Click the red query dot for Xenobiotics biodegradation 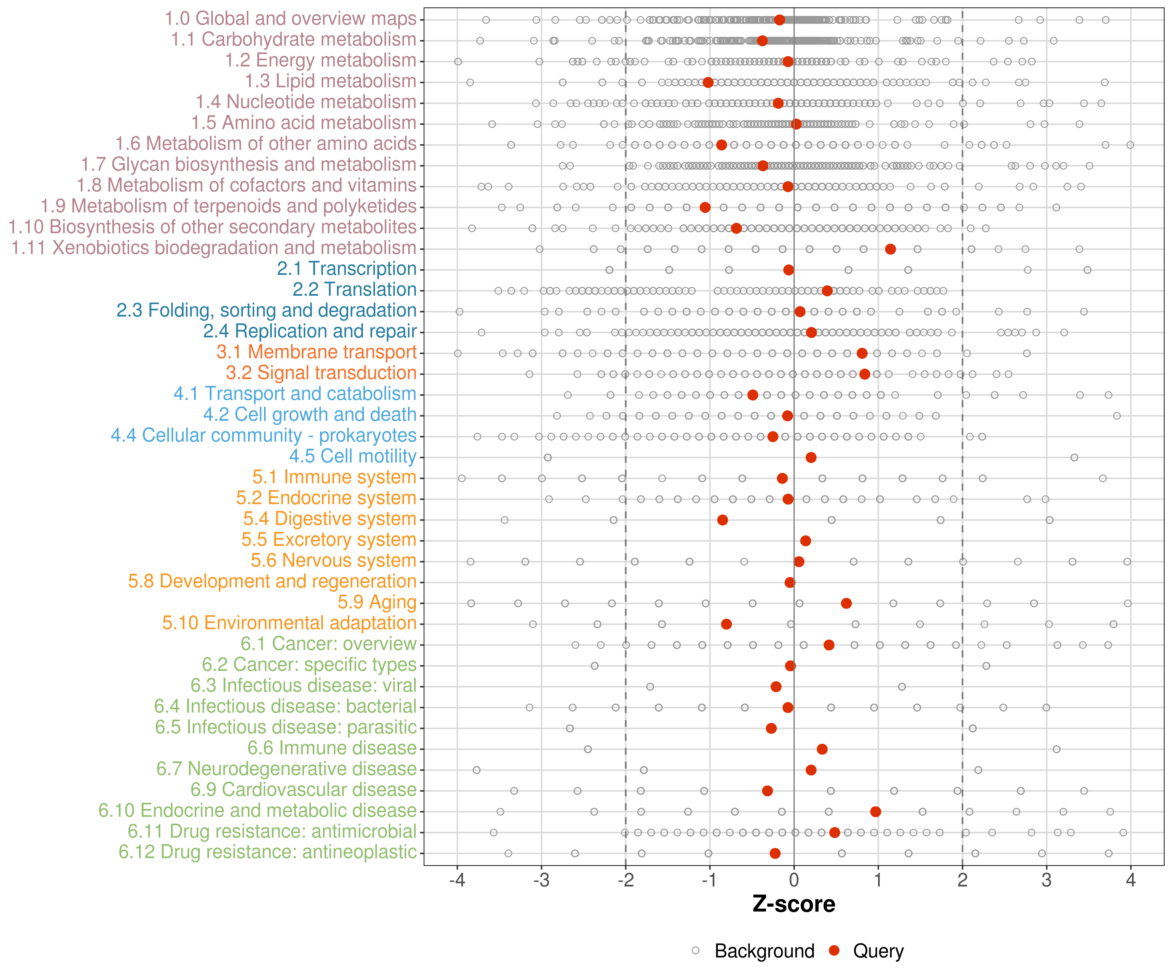tap(890, 249)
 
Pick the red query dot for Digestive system tap(722, 520)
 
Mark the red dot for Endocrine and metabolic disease tap(875, 811)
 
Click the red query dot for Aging tap(846, 603)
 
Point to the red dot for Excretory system tap(805, 540)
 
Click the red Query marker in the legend tap(834, 950)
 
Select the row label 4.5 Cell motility tap(353, 456)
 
